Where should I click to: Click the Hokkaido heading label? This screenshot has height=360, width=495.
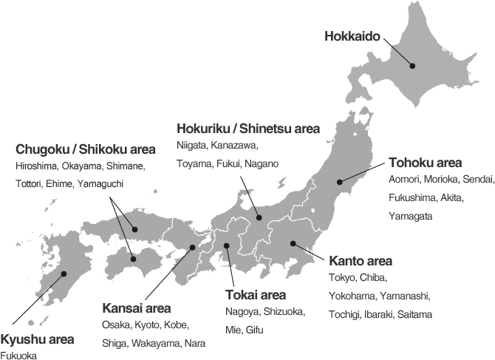click(353, 35)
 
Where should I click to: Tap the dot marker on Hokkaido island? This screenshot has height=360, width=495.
click(413, 66)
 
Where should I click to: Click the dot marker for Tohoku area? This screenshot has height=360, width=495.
click(340, 181)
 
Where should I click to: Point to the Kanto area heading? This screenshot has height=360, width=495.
click(361, 261)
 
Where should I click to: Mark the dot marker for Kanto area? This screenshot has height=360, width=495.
click(293, 243)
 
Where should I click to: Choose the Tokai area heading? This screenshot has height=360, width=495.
click(255, 296)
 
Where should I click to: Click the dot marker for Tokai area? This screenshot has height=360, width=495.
click(227, 245)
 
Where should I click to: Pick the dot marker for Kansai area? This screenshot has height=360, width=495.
click(192, 248)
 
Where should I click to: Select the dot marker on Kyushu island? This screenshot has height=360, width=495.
click(64, 274)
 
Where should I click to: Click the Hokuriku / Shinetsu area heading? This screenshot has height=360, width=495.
click(248, 129)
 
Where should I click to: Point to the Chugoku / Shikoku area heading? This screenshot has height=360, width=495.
click(85, 149)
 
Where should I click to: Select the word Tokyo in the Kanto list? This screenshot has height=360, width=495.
click(341, 278)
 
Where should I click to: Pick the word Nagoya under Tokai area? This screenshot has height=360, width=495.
click(241, 312)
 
